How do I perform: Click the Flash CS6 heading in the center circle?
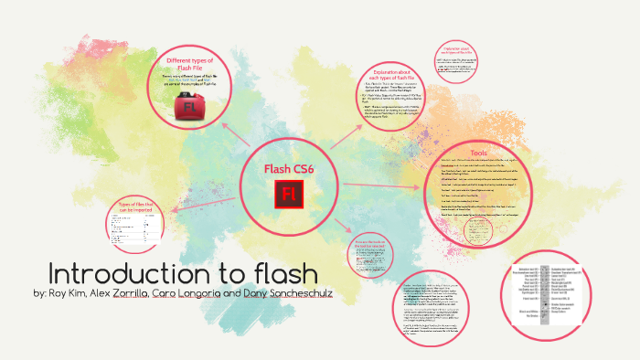tap(289, 169)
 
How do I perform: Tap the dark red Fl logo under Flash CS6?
tap(289, 194)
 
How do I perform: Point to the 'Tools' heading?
tap(480, 152)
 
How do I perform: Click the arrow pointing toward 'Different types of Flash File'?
tap(233, 138)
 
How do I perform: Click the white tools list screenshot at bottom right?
tap(553, 292)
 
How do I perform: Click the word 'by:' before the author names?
tap(39, 296)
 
